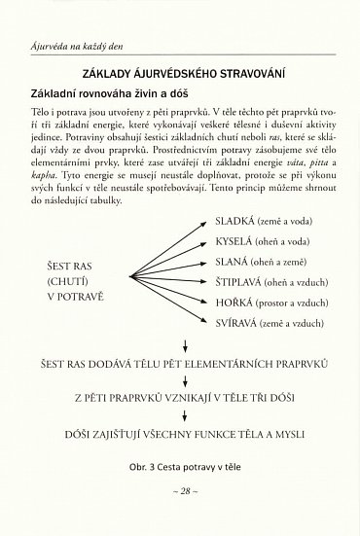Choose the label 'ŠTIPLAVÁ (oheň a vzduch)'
[x=266, y=283]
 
